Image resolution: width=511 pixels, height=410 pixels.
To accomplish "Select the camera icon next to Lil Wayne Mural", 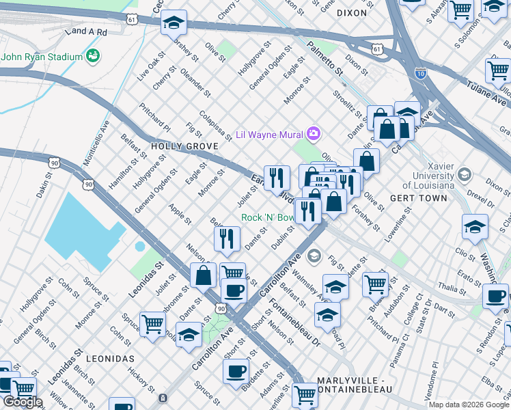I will click(x=314, y=133).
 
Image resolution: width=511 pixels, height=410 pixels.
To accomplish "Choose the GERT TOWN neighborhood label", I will click(x=418, y=198).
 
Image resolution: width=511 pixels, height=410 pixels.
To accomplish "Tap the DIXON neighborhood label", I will click(x=353, y=13).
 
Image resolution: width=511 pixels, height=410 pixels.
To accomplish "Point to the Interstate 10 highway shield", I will click(x=421, y=72).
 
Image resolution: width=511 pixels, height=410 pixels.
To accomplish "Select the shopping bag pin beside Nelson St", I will click(x=204, y=275).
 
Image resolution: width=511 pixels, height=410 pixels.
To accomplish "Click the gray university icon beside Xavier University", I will click(x=465, y=174).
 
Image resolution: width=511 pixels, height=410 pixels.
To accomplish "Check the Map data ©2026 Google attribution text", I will click(x=468, y=405).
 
